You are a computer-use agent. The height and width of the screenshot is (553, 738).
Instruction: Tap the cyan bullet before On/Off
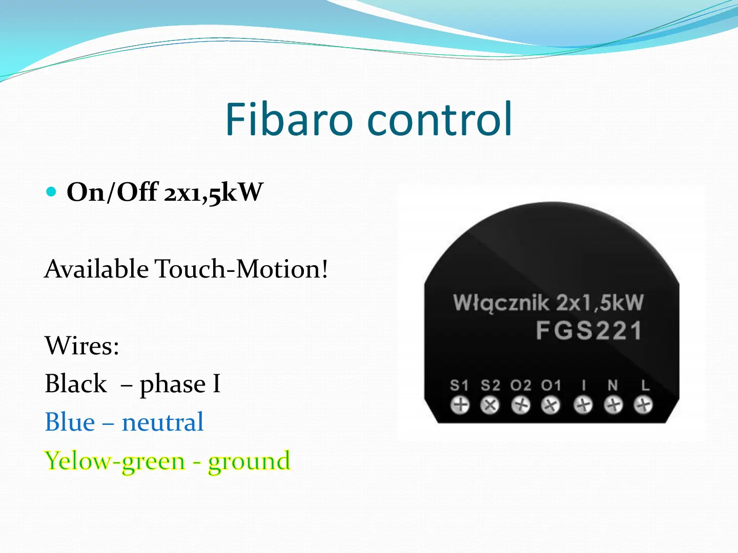point(51,192)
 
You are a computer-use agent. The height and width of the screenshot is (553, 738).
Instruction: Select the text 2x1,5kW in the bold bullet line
point(214,193)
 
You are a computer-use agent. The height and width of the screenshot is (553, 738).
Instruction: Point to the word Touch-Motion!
point(241,269)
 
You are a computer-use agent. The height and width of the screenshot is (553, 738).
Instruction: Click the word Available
point(96,269)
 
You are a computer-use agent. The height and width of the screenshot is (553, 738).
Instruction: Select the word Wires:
point(82,346)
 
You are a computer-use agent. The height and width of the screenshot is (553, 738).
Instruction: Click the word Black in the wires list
point(76,384)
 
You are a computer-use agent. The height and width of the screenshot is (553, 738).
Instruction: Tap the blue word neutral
point(163,422)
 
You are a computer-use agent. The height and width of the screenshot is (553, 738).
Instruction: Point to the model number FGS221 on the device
point(589,331)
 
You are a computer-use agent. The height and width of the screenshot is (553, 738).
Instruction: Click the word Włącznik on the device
point(501,303)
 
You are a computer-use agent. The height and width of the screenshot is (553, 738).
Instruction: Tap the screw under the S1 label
point(460,405)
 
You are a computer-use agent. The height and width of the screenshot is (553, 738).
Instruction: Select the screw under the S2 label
point(490,405)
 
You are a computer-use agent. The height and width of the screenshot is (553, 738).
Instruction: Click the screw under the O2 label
point(521,405)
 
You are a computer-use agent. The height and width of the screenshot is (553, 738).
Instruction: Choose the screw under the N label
point(613,405)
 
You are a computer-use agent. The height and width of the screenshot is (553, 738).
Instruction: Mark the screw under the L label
point(643,405)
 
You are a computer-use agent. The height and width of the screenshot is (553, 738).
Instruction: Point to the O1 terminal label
point(551,386)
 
